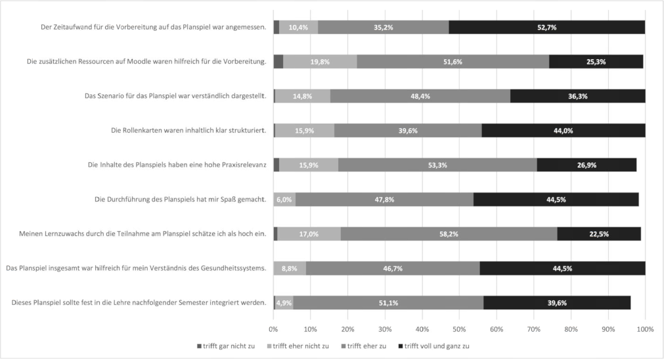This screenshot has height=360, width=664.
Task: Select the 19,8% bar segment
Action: click(320, 62)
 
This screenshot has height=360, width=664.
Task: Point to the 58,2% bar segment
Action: click(449, 233)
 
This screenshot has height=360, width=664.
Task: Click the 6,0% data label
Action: click(284, 198)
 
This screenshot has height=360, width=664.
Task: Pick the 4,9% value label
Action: click(284, 303)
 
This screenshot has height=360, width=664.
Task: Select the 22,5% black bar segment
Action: click(599, 233)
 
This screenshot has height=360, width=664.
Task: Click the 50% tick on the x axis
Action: click(459, 328)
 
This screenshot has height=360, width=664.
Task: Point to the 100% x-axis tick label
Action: click(645, 328)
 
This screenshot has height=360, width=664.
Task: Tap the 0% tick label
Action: click(273, 328)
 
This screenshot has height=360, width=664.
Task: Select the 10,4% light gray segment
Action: click(299, 28)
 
